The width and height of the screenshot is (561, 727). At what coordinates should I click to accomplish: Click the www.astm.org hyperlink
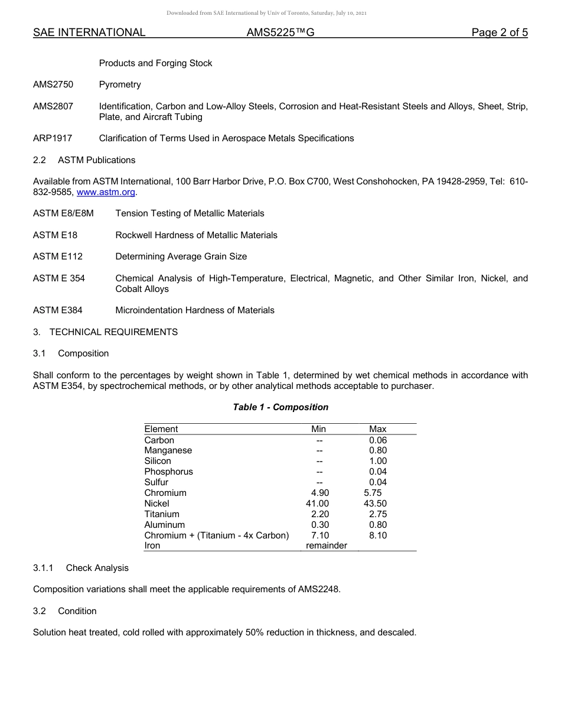(106, 192)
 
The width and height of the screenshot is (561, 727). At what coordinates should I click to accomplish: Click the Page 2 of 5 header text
(500, 33)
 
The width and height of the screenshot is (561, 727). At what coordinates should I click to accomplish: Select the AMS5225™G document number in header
(280, 33)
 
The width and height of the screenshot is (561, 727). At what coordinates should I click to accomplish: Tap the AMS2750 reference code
(53, 85)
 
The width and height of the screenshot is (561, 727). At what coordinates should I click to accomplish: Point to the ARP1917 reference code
(53, 138)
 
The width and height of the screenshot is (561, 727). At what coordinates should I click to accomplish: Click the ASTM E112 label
(58, 257)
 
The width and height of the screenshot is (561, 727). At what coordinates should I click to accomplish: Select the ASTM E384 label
(58, 310)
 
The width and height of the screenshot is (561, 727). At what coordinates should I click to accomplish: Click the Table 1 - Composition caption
(280, 407)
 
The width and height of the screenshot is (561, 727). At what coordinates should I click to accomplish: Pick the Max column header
(377, 429)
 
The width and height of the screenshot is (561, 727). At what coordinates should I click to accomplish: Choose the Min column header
(319, 429)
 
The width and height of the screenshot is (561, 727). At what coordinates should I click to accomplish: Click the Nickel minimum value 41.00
(317, 504)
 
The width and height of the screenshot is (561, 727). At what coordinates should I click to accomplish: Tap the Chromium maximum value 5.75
(373, 493)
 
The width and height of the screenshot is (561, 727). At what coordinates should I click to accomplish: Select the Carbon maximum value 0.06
(378, 440)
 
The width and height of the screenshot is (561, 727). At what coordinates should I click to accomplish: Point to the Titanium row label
(162, 514)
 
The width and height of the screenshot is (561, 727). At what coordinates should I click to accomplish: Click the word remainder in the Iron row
(327, 546)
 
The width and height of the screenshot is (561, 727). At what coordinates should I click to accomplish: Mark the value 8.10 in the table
(378, 535)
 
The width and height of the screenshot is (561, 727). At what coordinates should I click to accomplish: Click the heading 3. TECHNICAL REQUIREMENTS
(105, 332)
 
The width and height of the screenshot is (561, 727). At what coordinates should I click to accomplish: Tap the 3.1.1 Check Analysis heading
(81, 568)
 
